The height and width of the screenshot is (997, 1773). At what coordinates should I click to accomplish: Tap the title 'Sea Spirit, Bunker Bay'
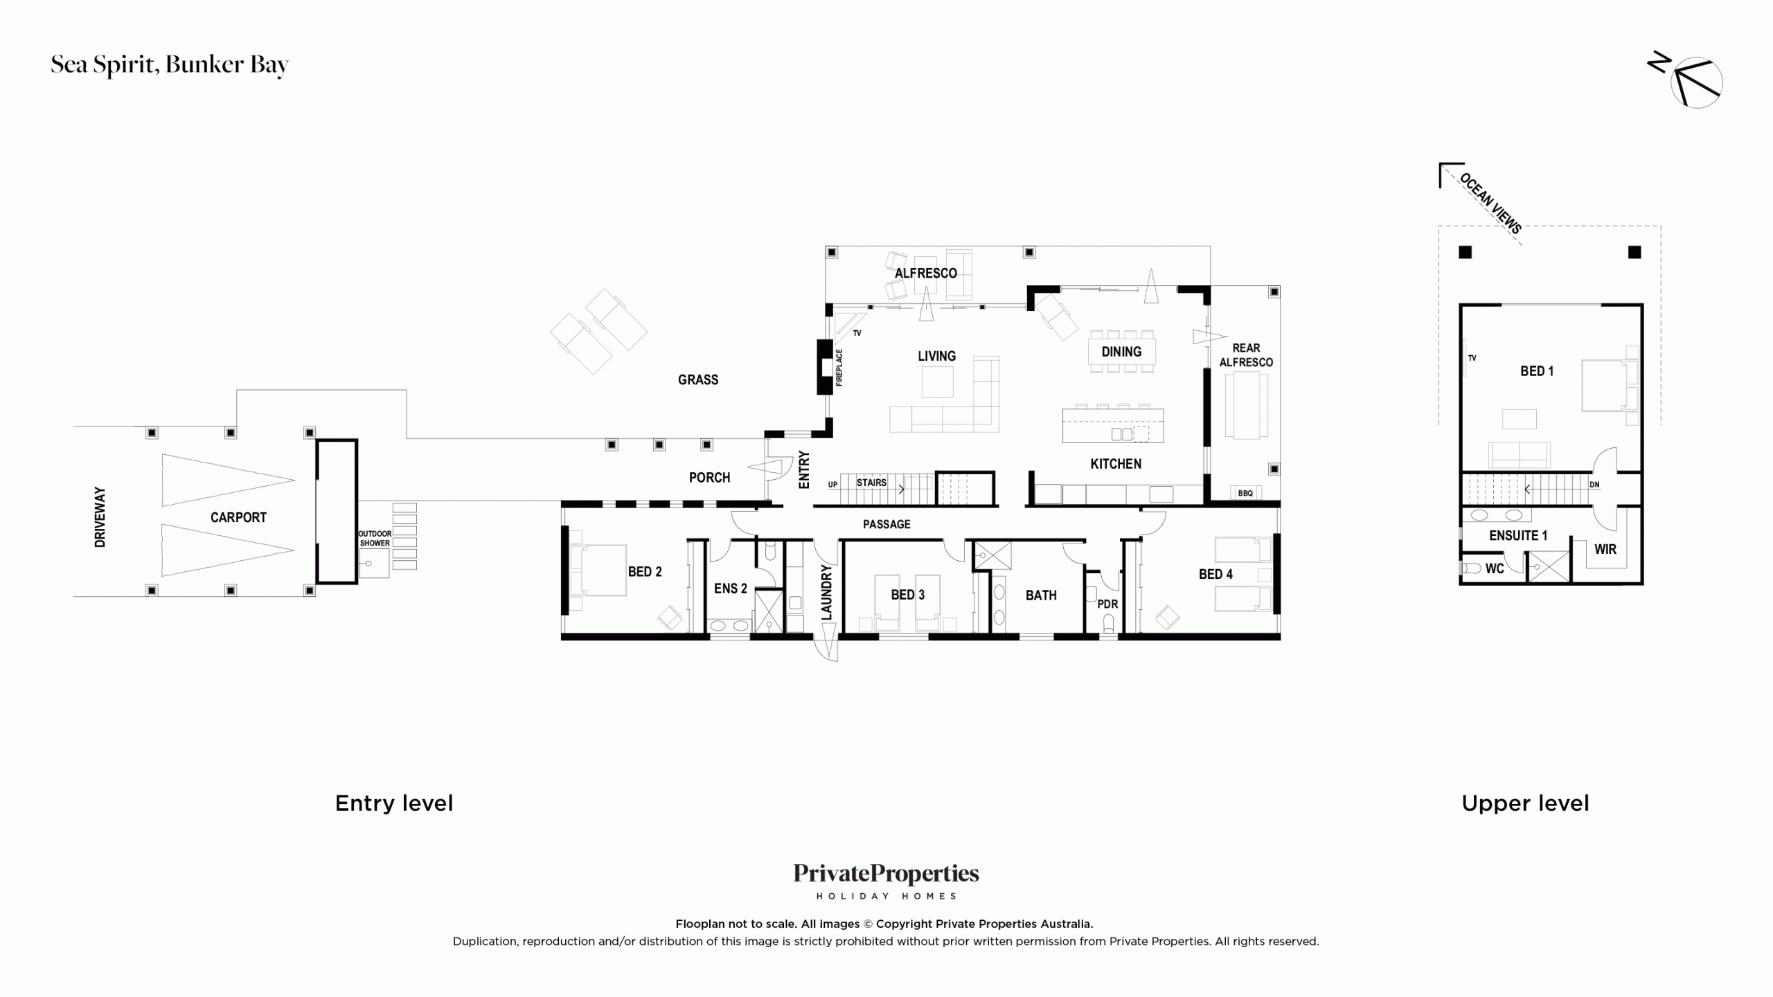170,64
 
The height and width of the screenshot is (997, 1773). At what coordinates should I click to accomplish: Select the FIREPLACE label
839,367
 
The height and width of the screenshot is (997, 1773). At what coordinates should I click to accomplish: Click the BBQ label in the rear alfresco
1245,493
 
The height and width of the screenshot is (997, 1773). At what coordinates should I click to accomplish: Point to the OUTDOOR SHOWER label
375,538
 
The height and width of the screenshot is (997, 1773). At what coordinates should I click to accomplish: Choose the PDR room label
1107,604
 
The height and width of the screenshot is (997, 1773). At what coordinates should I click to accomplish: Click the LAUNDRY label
826,592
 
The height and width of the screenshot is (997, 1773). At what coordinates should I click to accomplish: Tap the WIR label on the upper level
1605,549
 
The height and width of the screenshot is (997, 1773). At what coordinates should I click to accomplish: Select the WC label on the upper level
1495,568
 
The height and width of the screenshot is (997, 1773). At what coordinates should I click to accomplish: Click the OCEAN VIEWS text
1490,203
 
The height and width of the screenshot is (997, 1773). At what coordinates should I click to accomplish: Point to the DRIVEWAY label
100,517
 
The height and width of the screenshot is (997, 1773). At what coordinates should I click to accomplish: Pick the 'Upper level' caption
1525,803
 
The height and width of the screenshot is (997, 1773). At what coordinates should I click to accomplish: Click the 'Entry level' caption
394,803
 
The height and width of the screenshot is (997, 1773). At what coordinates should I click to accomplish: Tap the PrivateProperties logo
886,881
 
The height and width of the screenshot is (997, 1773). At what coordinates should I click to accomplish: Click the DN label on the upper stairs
1594,485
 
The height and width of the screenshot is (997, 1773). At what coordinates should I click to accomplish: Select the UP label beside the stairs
832,485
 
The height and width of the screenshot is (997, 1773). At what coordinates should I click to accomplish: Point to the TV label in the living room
857,333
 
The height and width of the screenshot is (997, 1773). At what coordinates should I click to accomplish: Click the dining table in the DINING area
1121,352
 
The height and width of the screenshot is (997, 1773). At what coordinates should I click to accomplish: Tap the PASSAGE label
886,524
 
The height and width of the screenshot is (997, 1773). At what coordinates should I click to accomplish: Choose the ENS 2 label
731,589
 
